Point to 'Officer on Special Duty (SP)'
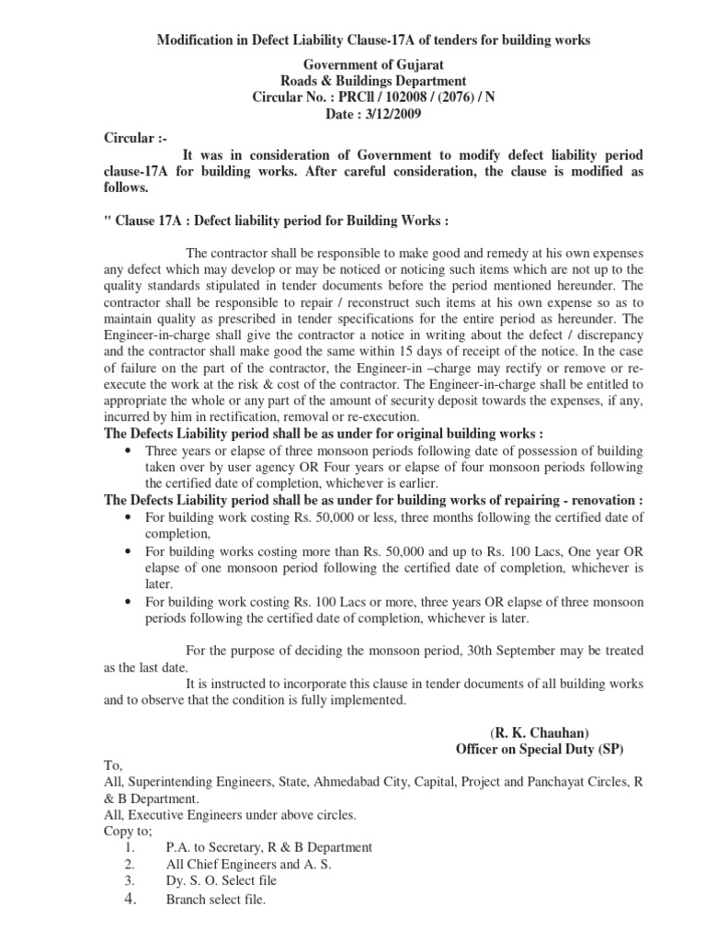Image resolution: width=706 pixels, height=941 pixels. tap(540, 749)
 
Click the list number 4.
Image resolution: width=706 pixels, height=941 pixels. tap(130, 900)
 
